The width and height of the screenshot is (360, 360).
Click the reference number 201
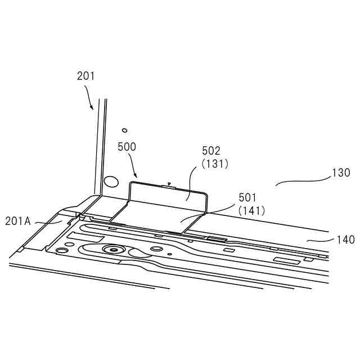[x=86, y=76]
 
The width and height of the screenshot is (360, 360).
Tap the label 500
[x=127, y=147]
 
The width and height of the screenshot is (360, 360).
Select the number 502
[x=211, y=151]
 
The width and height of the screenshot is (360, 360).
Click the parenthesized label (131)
[x=211, y=164]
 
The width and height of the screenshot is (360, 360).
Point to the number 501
[x=247, y=197]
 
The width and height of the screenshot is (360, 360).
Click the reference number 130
[x=341, y=173]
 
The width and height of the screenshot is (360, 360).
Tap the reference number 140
[x=345, y=240]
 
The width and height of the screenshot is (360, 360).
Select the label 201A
[x=19, y=221]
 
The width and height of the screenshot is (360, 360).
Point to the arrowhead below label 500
[x=133, y=175]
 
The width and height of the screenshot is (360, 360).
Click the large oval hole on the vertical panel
[x=112, y=181]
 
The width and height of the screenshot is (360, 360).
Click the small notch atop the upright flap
[x=169, y=184]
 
